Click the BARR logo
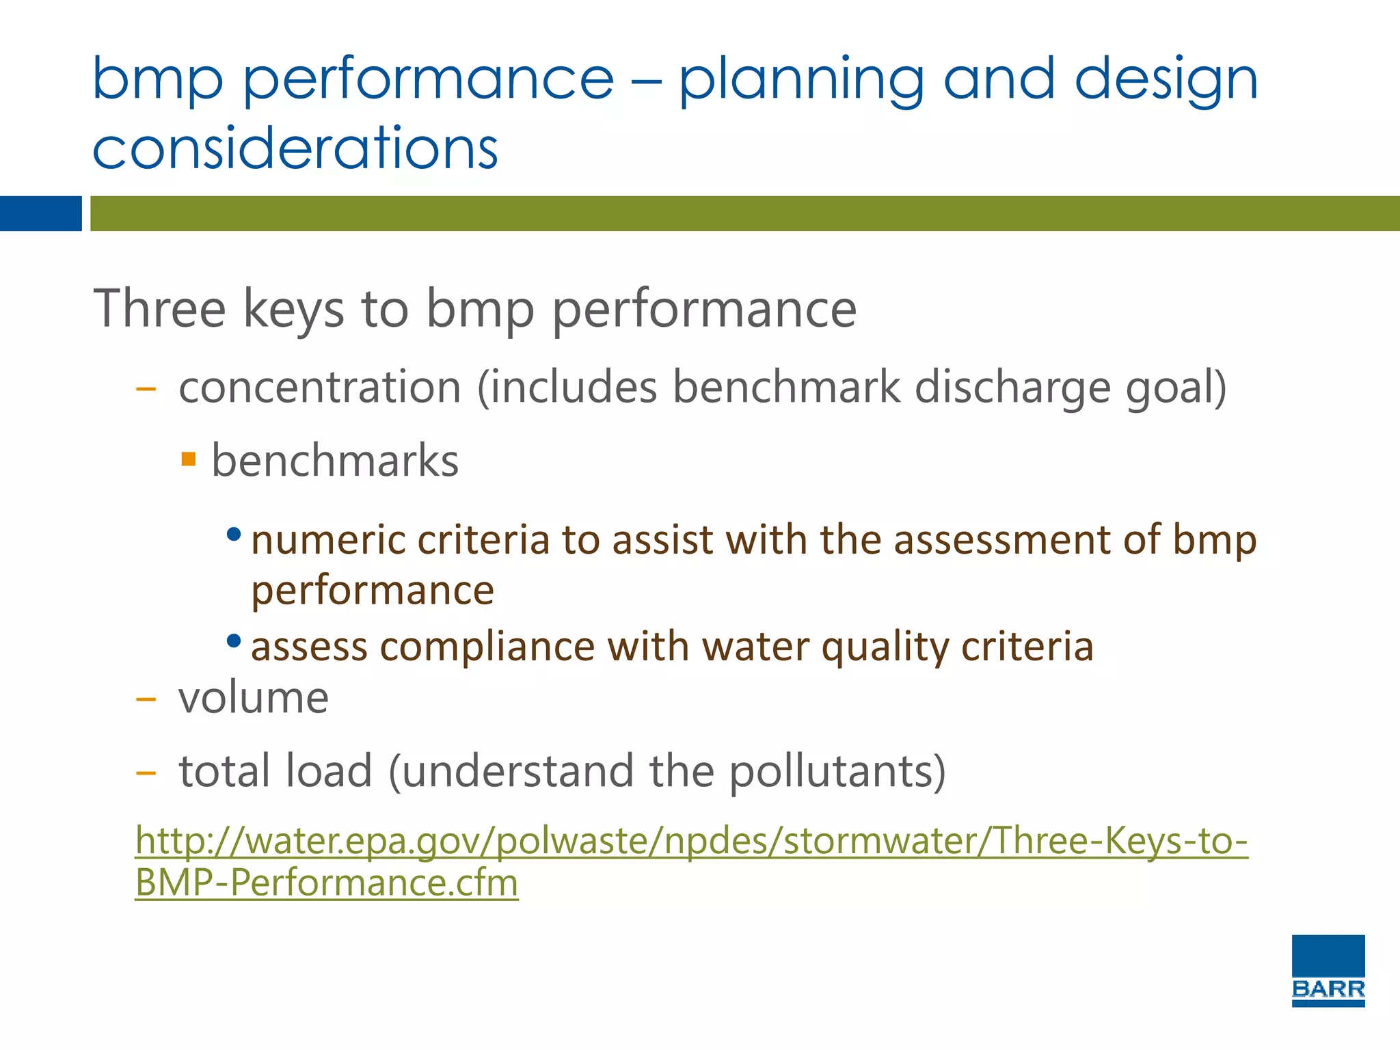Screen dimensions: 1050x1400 click(x=1328, y=970)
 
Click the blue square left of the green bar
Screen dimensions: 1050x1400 click(x=40, y=213)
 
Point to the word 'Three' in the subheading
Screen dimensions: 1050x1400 click(x=159, y=309)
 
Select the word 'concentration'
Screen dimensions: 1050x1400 click(x=320, y=388)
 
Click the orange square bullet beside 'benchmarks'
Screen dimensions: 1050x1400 click(x=189, y=458)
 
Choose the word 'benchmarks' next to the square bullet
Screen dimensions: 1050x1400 click(x=335, y=461)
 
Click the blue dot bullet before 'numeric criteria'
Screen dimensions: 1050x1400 click(x=234, y=534)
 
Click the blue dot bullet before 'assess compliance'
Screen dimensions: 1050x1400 click(x=234, y=641)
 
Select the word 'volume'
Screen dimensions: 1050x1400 click(x=254, y=699)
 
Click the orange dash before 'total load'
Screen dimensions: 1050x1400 click(x=146, y=773)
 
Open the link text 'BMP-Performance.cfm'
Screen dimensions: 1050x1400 click(x=327, y=883)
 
